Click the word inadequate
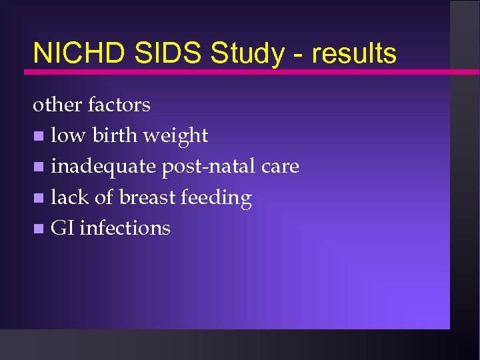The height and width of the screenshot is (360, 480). click(x=104, y=167)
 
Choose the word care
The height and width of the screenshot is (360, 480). click(x=280, y=167)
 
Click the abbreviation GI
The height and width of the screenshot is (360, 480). click(x=62, y=228)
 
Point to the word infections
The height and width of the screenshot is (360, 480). click(x=125, y=228)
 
